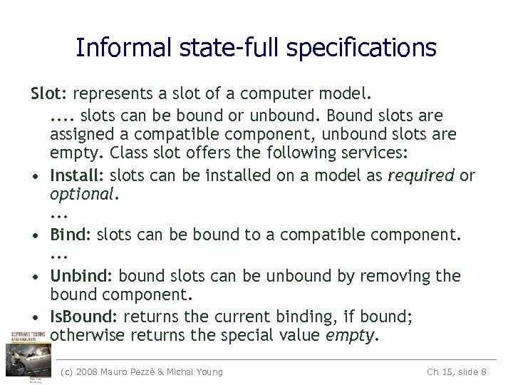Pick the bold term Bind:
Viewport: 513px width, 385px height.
click(71, 235)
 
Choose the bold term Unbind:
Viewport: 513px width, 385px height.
click(82, 276)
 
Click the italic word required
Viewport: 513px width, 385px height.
click(421, 175)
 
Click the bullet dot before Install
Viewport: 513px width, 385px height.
click(35, 176)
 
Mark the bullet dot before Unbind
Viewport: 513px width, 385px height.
click(35, 277)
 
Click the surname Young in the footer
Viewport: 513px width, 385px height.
click(207, 371)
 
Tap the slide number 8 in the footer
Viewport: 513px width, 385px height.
click(484, 371)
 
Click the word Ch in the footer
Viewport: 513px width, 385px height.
click(433, 371)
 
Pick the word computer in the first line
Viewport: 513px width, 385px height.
click(270, 93)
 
